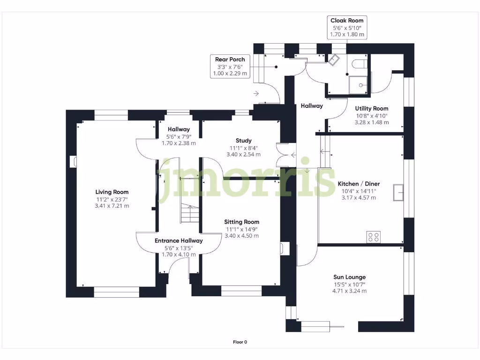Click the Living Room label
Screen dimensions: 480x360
[x=112, y=192]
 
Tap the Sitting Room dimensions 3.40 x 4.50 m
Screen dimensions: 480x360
[x=241, y=236]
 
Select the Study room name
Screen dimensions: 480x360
[x=244, y=141]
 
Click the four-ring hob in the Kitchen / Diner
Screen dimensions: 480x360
[x=374, y=237]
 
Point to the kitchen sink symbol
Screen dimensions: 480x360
[x=398, y=193]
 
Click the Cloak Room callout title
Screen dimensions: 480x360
[x=347, y=21]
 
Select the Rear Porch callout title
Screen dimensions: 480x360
[x=230, y=60]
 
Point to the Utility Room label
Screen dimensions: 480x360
[x=372, y=108]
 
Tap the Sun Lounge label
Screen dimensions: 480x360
[x=350, y=277]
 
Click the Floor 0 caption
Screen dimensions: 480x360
[x=240, y=342]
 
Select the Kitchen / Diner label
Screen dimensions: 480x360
[x=359, y=184]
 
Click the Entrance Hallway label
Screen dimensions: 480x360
[x=179, y=240]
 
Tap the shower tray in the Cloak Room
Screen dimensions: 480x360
[x=358, y=85]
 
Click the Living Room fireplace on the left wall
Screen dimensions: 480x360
[x=74, y=162]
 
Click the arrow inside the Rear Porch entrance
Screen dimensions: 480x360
[x=256, y=93]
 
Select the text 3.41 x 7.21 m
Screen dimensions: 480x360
[x=112, y=206]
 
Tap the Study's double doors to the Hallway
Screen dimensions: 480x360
[x=281, y=155]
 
